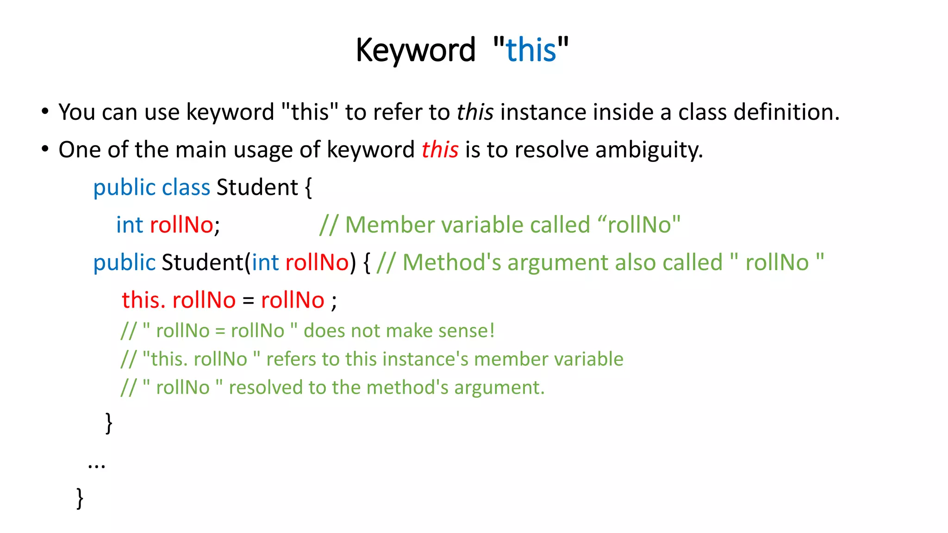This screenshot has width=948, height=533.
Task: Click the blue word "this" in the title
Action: coord(531,50)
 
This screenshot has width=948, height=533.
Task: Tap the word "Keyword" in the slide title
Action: coord(415,50)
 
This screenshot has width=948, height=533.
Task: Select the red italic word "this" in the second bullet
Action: coord(440,150)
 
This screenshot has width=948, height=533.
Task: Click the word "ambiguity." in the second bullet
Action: coord(649,150)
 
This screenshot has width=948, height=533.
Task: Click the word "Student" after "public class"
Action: coord(257,187)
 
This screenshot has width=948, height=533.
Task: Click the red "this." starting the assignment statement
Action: coord(143,300)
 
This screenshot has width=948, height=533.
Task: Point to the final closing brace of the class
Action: coord(80,498)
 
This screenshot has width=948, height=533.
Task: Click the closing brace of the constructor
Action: coord(109,423)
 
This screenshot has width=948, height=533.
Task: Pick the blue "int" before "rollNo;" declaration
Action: coord(130,225)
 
